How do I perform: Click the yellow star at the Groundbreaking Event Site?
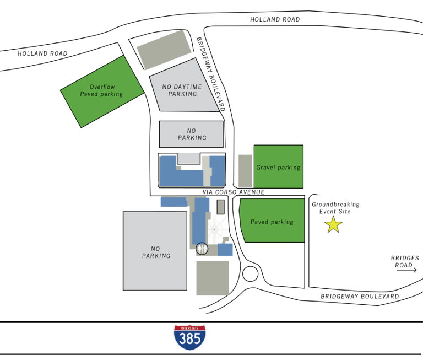pos(333,224)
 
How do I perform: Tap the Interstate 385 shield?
pos(190,337)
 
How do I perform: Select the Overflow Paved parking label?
pos(101,90)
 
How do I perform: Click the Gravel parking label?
pos(278,167)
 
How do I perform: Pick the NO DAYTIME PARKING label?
pos(182,90)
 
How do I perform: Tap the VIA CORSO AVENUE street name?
pos(234,192)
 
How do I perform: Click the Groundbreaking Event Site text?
pos(331,208)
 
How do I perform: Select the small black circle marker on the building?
pos(202,249)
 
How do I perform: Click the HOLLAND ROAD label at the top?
pos(275,19)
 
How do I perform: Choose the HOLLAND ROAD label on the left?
pos(42,53)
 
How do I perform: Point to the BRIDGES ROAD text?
pos(405,261)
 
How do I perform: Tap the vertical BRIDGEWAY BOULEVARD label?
pos(210,74)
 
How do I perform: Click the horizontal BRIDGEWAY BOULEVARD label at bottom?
pos(360,296)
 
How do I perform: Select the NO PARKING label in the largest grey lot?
pos(156,252)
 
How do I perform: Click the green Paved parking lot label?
pos(272,222)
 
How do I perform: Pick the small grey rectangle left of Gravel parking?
pos(245,170)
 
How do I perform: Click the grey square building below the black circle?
pos(213,278)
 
